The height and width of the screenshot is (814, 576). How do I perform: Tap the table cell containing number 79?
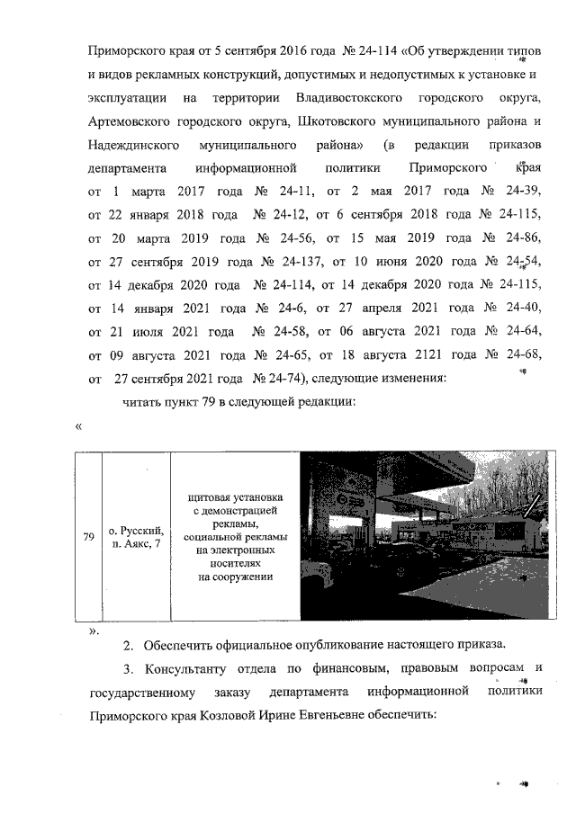tap(89, 537)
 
